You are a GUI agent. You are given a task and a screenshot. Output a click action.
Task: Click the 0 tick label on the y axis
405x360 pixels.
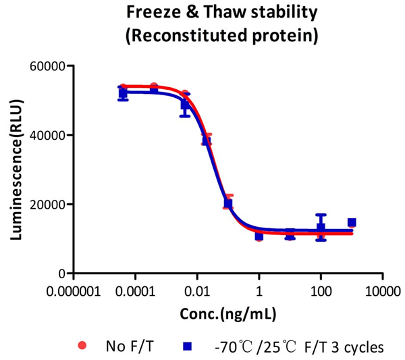coord(60,274)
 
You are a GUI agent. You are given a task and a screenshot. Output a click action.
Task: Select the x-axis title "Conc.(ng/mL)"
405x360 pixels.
coord(228,315)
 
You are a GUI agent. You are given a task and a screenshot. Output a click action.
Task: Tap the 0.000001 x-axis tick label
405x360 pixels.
coord(74,291)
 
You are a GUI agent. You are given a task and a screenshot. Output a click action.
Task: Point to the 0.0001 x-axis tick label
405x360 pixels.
coord(136,291)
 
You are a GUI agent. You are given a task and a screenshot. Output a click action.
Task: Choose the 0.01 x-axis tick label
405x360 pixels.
coord(197,291)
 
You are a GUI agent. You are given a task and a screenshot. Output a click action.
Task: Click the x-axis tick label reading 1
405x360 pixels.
coord(259,291)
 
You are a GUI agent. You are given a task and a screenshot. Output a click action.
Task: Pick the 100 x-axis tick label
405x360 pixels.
coord(321,291)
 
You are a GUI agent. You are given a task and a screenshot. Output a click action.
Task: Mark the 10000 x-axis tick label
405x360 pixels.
coord(383,291)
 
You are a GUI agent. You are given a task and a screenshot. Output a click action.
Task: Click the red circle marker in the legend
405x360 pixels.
coord(82,346)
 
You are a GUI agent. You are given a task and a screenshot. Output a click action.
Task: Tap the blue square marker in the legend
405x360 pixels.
coord(188,346)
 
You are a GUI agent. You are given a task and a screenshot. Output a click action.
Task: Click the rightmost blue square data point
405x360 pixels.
coord(352,222)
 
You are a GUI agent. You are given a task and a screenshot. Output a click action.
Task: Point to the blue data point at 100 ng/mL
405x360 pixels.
coord(321,228)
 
